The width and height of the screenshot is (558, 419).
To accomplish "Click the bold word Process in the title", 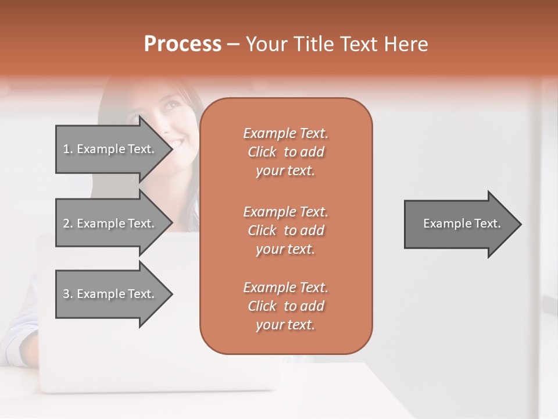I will coord(183,44).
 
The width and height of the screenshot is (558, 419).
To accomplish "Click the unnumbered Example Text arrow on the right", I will coord(462,223).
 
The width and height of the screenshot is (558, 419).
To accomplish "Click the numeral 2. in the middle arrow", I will coord(67,223).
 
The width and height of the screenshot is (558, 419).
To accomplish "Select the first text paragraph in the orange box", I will coord(285,152).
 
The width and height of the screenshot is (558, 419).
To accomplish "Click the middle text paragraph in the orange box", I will coord(285,230).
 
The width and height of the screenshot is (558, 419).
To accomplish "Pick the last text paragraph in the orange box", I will coord(285,306).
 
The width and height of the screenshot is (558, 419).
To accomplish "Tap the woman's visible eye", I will coord(170,108).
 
